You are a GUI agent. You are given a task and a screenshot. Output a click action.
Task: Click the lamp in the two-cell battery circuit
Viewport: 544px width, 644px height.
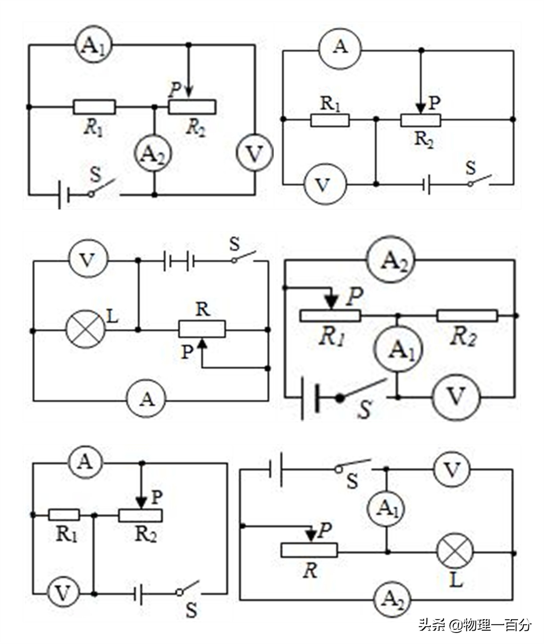click(86, 330)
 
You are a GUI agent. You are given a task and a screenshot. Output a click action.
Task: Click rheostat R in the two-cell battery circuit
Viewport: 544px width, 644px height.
click(202, 329)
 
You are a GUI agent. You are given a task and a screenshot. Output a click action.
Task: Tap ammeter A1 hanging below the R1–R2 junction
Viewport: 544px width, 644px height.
click(398, 350)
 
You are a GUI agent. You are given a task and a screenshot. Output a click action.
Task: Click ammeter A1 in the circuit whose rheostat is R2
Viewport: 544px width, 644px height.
click(94, 45)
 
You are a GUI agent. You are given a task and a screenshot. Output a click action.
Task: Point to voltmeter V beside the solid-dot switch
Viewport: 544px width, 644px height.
click(456, 397)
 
